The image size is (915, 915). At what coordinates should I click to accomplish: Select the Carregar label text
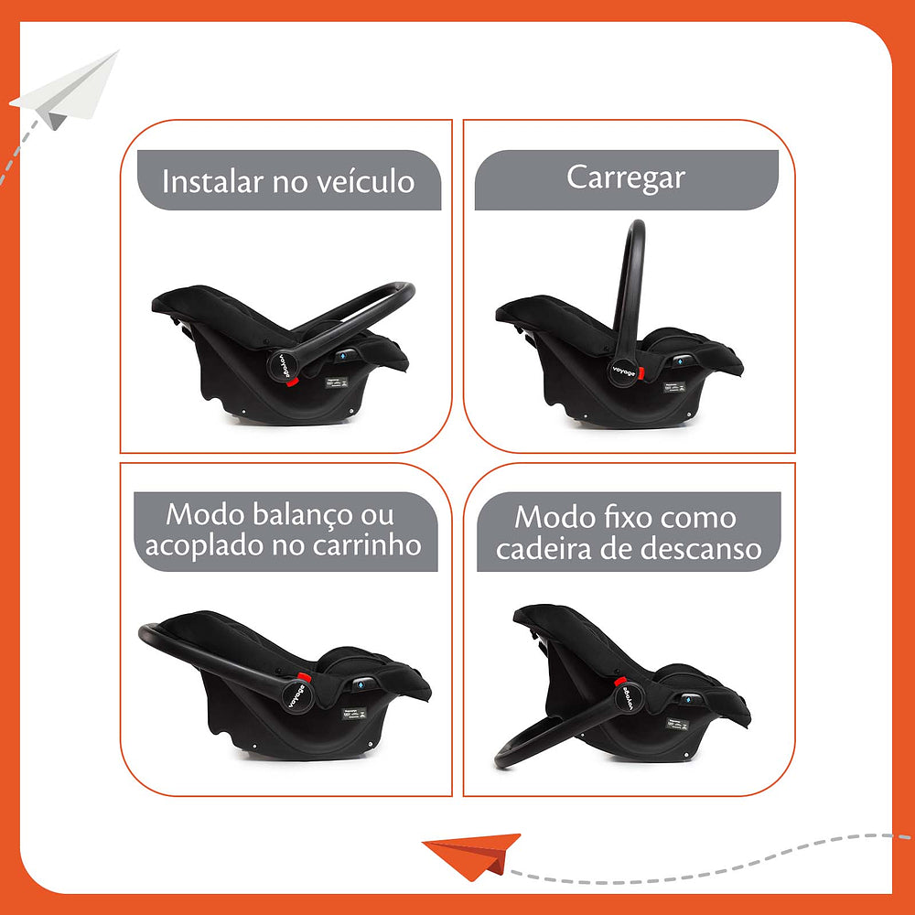coord(625,177)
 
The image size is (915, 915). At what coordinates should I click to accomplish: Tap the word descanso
coord(704,548)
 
